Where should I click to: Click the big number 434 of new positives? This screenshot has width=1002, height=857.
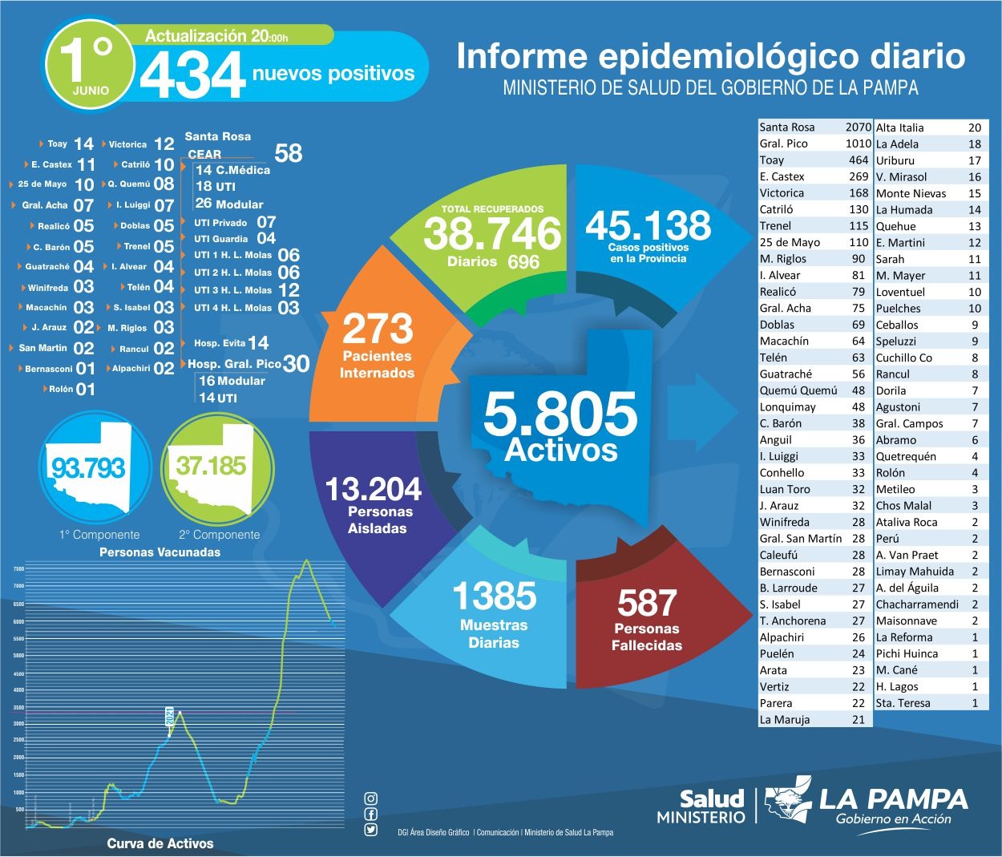click(192, 75)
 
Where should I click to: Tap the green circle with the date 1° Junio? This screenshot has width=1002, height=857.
click(90, 66)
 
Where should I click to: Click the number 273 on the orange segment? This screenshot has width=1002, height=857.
click(378, 329)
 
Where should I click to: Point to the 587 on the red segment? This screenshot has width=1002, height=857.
click(647, 603)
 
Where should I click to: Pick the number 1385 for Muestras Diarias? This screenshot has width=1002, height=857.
click(494, 596)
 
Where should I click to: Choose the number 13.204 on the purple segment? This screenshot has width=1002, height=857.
click(373, 488)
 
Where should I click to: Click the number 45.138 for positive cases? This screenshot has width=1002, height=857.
click(648, 225)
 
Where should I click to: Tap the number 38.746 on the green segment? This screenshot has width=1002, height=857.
click(492, 233)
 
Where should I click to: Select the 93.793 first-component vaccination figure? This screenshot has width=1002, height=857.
click(88, 467)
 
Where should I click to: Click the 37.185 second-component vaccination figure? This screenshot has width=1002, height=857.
click(212, 465)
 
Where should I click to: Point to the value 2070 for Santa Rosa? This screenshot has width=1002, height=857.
click(858, 127)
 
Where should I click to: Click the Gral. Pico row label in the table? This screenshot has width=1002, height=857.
click(783, 144)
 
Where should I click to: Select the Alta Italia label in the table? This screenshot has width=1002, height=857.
click(899, 127)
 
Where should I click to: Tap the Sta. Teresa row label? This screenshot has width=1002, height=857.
click(903, 703)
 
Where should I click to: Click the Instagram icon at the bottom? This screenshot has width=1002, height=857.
click(370, 798)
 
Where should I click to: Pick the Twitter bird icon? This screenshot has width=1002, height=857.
click(370, 830)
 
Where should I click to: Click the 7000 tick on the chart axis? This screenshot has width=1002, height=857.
click(18, 586)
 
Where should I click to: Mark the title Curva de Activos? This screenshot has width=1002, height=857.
click(160, 843)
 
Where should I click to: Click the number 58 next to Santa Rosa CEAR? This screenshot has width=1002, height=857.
click(288, 153)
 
